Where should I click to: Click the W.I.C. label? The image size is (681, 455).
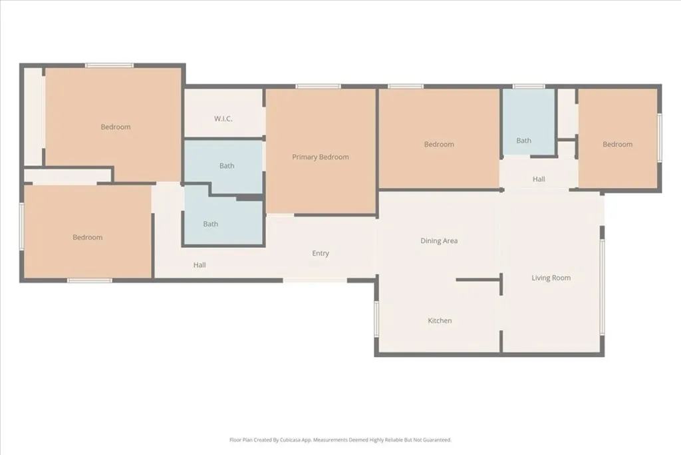coord(223,119)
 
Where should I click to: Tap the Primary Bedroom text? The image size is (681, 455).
coord(321,157)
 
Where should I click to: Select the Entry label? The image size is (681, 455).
coord(321,253)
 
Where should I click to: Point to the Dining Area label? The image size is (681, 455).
coord(439,240)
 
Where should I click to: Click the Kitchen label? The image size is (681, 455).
coord(440,320)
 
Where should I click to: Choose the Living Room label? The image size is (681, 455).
coord(551,278)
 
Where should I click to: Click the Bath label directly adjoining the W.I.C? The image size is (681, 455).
coord(227,166)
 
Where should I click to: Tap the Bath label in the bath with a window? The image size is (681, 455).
coord(524,141)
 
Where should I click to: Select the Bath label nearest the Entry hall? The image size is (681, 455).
coord(211,224)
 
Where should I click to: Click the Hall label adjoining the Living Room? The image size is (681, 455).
coord(539,179)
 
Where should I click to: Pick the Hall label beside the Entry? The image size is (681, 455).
coord(200,265)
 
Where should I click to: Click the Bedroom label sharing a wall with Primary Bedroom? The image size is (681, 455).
coord(439,145)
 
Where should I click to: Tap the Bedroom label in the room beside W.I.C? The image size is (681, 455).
coord(116,127)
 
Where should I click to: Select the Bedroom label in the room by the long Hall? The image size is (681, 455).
coord(88,237)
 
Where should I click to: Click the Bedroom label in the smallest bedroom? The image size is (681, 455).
coord(617,145)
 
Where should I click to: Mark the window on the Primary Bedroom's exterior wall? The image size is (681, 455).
coord(319,86)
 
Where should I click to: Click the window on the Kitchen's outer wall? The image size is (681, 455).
coord(376,318)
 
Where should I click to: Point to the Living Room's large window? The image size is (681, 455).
coord(602,286)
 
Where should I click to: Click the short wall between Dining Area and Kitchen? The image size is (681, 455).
coord(477,280)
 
